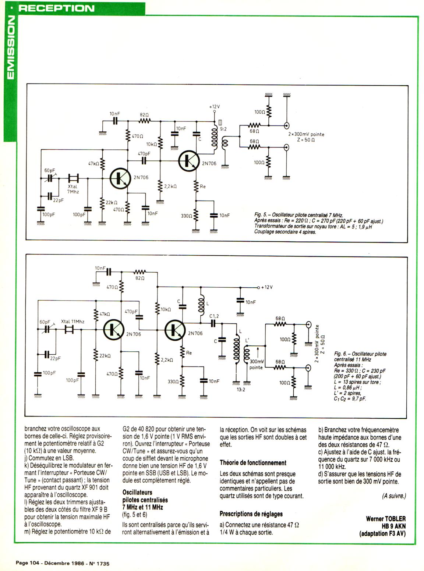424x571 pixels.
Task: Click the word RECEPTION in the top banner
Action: tap(56, 8)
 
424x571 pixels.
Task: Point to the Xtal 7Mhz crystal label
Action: tap(73, 189)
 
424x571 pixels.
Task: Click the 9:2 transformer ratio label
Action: tap(223, 129)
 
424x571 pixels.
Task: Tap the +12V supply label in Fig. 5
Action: tap(214, 107)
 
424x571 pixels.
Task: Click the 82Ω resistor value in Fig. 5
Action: tap(144, 114)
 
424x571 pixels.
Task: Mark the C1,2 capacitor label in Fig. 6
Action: tap(214, 316)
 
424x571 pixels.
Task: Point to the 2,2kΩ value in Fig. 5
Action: tap(170, 187)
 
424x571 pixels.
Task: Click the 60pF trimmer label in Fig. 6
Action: tap(45, 322)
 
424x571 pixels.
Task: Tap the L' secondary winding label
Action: tap(247, 341)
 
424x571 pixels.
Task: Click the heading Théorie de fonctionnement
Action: tap(253, 462)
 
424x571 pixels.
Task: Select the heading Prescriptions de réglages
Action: tap(251, 514)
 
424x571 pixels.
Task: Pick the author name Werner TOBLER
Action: tap(386, 519)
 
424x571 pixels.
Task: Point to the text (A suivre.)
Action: tap(394, 496)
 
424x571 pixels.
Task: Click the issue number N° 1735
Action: tap(99, 563)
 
